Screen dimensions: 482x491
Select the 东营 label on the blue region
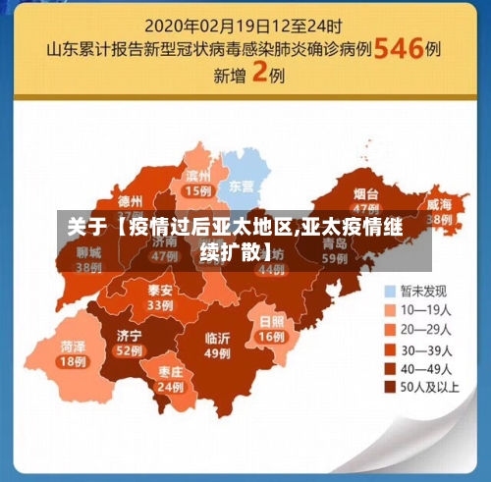click(x=241, y=185)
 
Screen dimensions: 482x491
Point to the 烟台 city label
click(x=365, y=193)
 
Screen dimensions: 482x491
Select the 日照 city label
click(x=271, y=321)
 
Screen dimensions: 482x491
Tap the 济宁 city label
click(x=129, y=335)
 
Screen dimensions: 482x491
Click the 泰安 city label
click(x=160, y=291)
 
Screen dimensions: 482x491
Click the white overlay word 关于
click(x=86, y=229)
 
